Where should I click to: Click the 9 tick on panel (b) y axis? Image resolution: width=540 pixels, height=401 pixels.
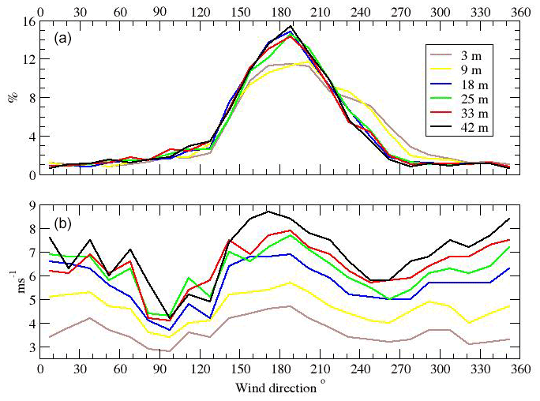(x=29, y=205)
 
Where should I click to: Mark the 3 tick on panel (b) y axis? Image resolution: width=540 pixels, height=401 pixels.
(x=29, y=347)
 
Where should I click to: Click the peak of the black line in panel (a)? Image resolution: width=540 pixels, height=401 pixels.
(x=291, y=26)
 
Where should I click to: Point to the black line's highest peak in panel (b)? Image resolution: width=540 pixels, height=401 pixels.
(x=268, y=211)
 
